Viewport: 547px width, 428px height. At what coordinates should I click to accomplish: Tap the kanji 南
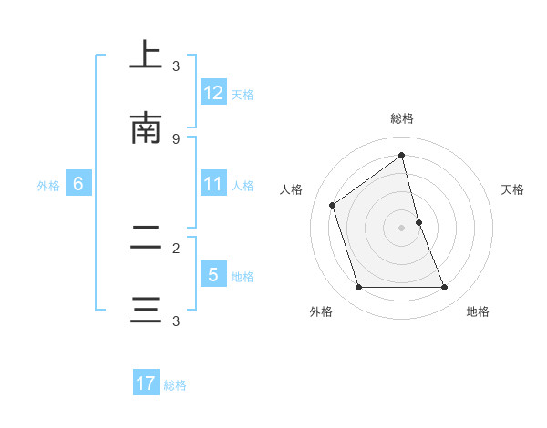(146, 128)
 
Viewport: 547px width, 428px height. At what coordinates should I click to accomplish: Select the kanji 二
(146, 239)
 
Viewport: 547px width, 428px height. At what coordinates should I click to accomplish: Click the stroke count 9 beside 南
(176, 138)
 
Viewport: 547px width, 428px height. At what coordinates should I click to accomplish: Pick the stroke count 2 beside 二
(176, 248)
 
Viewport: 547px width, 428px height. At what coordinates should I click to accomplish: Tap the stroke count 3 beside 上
(176, 66)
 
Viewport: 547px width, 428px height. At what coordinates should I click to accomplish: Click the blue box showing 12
(213, 93)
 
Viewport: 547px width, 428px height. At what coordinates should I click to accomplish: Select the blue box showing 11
(213, 184)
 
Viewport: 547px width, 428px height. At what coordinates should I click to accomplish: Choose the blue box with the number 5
(213, 275)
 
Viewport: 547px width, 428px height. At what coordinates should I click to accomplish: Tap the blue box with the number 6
(78, 184)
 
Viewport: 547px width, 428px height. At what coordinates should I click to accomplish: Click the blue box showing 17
(145, 384)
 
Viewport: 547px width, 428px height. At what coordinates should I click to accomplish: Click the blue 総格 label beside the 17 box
(175, 385)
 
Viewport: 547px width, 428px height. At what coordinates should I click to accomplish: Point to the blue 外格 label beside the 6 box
(48, 186)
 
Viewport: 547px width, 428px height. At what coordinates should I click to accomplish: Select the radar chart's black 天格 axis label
(512, 189)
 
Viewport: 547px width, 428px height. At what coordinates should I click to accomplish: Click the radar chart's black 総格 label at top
(401, 118)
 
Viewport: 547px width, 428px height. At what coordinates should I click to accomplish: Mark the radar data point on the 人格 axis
(333, 205)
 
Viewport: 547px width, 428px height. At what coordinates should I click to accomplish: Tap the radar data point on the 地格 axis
(444, 288)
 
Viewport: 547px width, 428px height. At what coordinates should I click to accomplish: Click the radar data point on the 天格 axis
(418, 222)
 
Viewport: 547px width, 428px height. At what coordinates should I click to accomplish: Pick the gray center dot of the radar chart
(401, 228)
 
